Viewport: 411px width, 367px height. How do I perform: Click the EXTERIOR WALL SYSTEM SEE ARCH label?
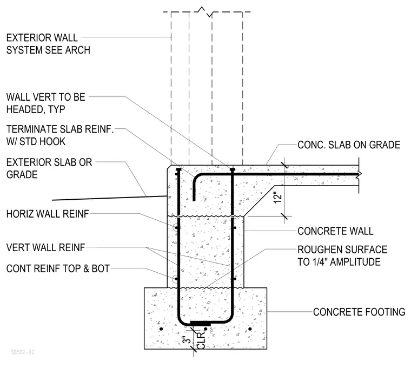coord(48,44)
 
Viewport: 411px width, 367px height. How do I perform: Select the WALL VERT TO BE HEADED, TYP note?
coord(46,103)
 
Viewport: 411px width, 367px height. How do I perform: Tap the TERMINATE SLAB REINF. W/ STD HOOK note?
coord(60,135)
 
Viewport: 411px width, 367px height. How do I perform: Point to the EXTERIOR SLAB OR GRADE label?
coord(49,168)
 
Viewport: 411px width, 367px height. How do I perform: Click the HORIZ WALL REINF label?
coord(48,214)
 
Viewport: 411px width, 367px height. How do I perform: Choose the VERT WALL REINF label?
coord(46,247)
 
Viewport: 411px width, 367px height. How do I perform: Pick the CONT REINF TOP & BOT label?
coord(58,268)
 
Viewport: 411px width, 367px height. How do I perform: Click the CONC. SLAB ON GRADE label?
coord(349,145)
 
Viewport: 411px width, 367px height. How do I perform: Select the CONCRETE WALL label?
coord(335,231)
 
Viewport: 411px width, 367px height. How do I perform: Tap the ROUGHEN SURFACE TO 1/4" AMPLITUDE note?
coord(342,256)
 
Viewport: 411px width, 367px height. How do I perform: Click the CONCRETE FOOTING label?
coord(359,312)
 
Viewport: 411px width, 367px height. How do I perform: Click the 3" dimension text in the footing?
coord(187,340)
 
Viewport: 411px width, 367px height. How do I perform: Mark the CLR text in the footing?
coord(201,340)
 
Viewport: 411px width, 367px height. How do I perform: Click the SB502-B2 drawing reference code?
coord(23,352)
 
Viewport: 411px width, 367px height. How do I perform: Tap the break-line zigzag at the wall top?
coord(205,12)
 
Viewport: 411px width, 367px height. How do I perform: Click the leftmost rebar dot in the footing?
coord(161,329)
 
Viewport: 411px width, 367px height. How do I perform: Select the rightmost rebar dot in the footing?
coord(250,329)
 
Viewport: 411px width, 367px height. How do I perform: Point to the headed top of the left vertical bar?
coord(178,169)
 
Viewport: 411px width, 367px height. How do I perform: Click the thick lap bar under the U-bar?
coord(200,323)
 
